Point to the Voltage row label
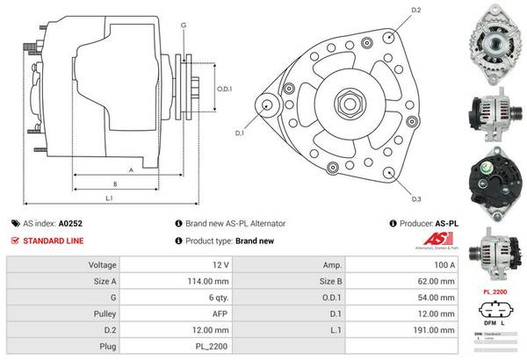coord(103,264)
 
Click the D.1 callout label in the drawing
coord(238,133)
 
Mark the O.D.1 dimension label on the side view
coord(224,88)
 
